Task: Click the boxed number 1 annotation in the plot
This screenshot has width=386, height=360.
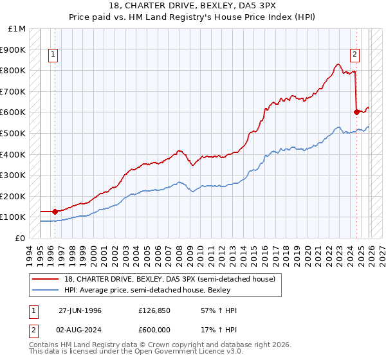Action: pyautogui.click(x=53, y=55)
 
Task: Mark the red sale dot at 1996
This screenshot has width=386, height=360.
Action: pyautogui.click(x=55, y=211)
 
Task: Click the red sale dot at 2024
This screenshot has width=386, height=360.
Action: pyautogui.click(x=356, y=112)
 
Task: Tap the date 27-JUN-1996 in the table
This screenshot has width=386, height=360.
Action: pyautogui.click(x=80, y=310)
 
